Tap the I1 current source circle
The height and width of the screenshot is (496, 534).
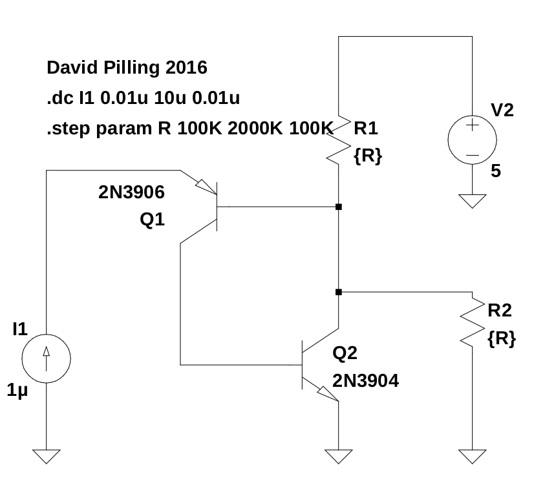coord(47,358)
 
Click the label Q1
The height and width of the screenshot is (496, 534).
coord(153,220)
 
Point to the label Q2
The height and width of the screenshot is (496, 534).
coord(345,353)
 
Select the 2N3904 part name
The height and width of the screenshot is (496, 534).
coord(365,381)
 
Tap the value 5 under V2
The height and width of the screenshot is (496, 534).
coord(496,171)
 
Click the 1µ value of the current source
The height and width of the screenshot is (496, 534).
coord(18,391)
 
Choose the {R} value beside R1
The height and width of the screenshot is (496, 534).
coord(368,155)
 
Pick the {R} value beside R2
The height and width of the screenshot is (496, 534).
coord(502,338)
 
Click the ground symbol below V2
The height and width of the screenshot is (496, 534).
coord(473,201)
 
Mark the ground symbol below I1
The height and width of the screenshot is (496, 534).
coord(47,456)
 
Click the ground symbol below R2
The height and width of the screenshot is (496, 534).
coord(473,456)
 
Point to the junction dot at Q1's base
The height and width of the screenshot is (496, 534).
coord(339,207)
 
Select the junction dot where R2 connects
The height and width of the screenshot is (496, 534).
coord(339,292)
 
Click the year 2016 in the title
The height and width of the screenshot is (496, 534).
coord(186,67)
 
